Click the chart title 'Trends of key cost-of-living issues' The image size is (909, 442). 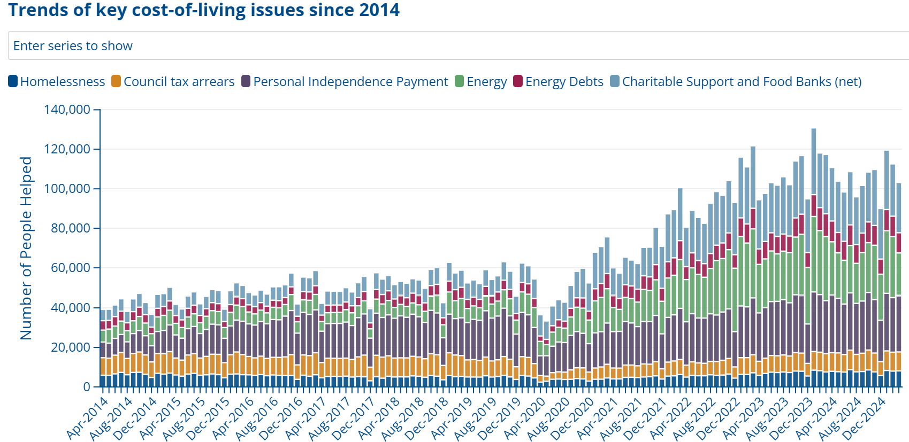(x=204, y=10)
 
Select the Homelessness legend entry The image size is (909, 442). (x=57, y=82)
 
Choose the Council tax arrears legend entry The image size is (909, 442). (x=173, y=82)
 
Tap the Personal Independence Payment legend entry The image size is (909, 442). (x=345, y=82)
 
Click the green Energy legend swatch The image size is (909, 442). (x=459, y=81)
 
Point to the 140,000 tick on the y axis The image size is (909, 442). (x=67, y=110)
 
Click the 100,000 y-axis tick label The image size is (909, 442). (x=67, y=189)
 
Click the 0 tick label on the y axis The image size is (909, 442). (x=87, y=387)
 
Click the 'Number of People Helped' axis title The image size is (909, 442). (x=26, y=248)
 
